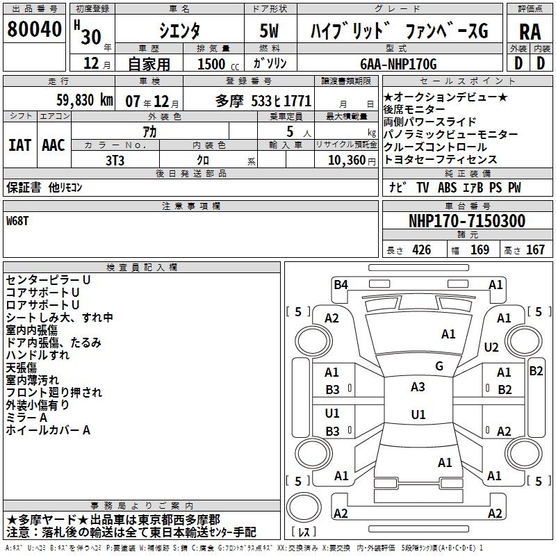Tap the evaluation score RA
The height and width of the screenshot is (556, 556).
click(530, 32)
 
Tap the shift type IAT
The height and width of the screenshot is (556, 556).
click(19, 145)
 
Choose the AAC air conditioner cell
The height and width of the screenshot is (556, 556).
click(54, 145)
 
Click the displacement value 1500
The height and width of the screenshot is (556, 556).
click(211, 65)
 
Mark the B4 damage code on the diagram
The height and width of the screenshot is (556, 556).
click(341, 284)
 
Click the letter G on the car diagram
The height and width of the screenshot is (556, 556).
click(439, 366)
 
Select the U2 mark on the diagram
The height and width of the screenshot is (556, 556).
click(491, 347)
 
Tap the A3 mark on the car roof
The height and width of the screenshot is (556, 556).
click(418, 387)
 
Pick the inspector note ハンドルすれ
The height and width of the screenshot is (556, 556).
click(38, 355)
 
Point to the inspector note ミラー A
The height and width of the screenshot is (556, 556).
click(26, 418)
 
